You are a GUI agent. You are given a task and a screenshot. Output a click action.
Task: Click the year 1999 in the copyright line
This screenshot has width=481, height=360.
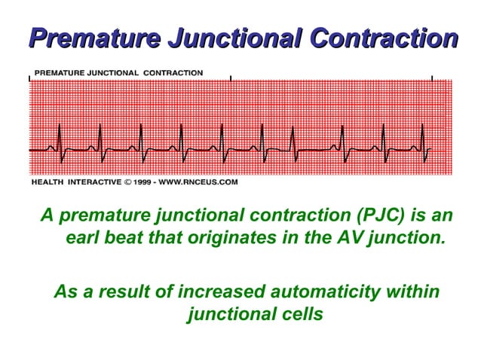click(145, 182)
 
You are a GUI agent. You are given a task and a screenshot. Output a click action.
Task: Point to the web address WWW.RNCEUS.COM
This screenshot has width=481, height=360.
click(203, 182)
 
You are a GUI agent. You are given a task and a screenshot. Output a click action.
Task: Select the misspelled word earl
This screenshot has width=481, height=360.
click(84, 239)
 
